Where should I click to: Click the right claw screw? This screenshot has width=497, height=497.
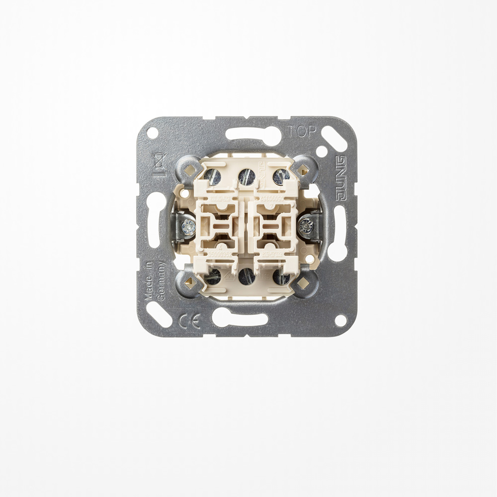click(x=305, y=227)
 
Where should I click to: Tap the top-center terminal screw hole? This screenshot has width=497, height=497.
click(x=247, y=176)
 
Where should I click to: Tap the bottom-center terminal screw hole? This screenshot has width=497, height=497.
click(x=246, y=276)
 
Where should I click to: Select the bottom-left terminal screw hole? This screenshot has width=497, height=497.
click(x=213, y=277)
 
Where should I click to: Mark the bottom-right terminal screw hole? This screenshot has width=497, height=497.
click(x=281, y=277)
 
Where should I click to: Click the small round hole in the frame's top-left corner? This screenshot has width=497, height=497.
click(x=152, y=133)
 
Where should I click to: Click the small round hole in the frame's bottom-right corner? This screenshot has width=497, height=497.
click(x=340, y=321)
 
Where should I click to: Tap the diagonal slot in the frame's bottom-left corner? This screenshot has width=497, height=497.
click(x=159, y=314)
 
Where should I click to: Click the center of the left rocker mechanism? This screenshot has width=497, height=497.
click(x=220, y=227)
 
